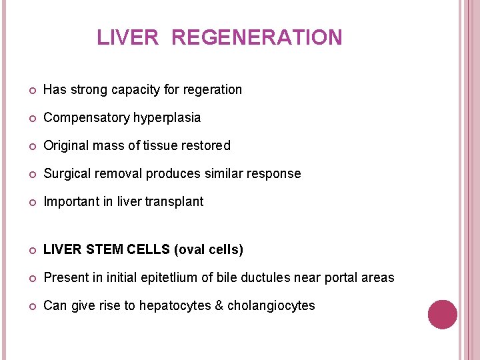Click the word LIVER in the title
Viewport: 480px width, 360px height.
pos(128,37)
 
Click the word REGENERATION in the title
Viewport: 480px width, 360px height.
pos(257,37)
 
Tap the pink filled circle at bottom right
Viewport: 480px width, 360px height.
pos(443,315)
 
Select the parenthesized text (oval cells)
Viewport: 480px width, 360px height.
pos(208,250)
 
